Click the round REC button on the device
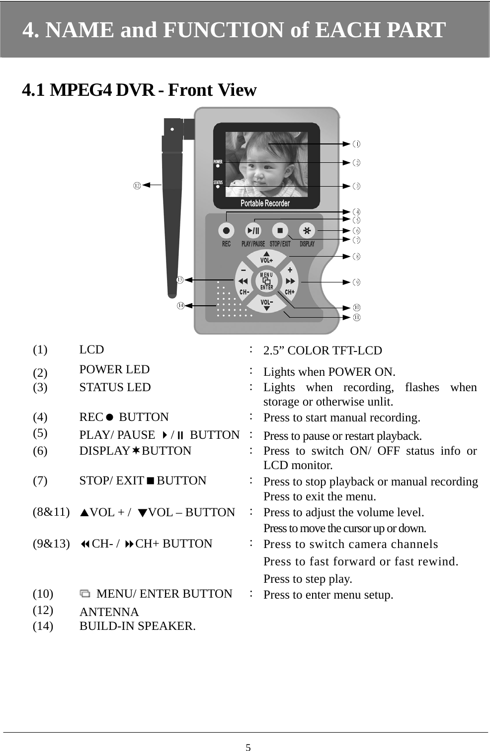226,230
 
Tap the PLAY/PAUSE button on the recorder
253,230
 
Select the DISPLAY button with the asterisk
307,230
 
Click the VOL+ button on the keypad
267,258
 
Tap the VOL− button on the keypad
267,304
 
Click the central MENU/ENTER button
267,281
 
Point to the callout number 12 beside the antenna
136,185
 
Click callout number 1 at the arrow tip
356,144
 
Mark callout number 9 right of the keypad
356,282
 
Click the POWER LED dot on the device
218,166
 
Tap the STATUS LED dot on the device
218,187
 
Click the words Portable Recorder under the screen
265,203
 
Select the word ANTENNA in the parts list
109,612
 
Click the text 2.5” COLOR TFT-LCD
323,350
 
